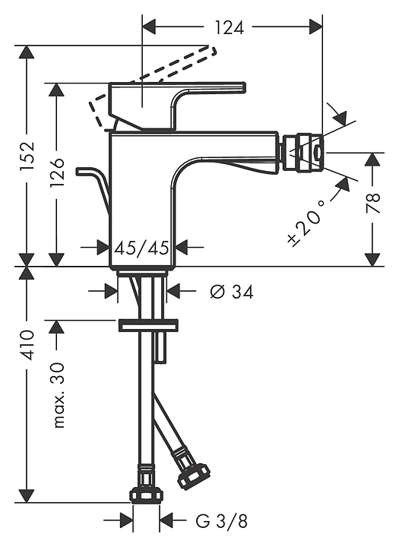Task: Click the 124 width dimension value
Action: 229,27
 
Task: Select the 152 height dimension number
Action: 27,156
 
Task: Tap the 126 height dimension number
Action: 57,172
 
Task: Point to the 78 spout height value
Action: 373,203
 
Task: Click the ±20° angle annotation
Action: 306,222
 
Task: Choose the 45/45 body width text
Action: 142,248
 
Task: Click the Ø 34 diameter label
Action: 232,292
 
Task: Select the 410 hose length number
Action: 27,345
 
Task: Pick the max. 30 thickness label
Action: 57,395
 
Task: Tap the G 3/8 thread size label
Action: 221,522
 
